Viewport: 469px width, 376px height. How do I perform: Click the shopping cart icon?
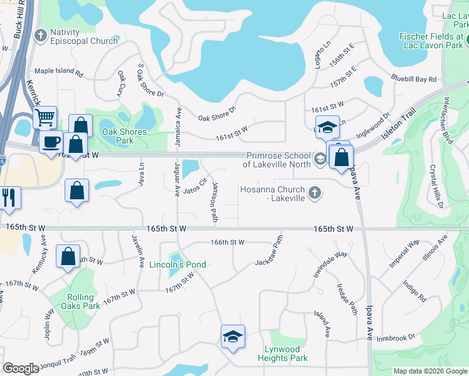45,117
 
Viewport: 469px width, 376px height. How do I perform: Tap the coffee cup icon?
50,141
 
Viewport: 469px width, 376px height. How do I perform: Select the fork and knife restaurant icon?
9,197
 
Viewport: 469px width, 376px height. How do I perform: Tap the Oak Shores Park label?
124,136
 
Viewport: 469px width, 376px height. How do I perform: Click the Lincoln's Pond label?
177,264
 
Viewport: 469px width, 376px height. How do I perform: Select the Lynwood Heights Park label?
283,353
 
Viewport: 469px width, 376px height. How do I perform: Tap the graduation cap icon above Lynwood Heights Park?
232,336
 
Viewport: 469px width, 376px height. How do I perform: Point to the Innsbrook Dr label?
396,338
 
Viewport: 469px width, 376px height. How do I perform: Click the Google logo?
21,368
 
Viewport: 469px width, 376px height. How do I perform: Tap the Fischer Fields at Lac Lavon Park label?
431,41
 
